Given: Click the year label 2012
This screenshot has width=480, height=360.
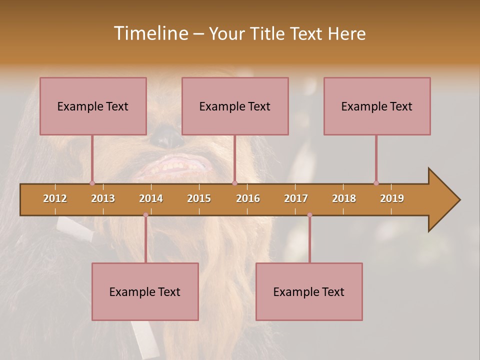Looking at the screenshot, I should [x=55, y=198].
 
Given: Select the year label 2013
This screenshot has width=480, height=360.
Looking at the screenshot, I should [x=103, y=198].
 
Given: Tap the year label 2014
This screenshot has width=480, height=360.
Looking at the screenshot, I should [x=151, y=198].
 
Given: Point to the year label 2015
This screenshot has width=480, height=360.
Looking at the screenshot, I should [x=199, y=198].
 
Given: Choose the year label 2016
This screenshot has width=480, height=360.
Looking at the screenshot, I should [x=248, y=198].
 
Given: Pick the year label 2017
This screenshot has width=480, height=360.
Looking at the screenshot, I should [x=296, y=198].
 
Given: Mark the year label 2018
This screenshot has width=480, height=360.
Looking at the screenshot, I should [x=344, y=198].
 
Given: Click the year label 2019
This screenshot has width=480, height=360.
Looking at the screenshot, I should [x=392, y=198].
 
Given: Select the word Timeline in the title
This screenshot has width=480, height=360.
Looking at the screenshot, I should [x=151, y=33].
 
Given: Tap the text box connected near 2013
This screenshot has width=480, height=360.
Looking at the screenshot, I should [x=93, y=106].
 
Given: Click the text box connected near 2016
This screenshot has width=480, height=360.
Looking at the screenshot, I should [x=235, y=106].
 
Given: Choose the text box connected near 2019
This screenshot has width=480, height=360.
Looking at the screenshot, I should [x=377, y=106].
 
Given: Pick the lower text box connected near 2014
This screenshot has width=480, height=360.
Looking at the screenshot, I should [x=145, y=291].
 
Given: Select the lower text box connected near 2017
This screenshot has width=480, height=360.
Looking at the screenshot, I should [x=309, y=291].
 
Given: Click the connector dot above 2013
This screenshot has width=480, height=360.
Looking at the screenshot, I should [x=92, y=183].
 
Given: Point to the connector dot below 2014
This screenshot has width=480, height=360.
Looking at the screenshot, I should [x=145, y=215].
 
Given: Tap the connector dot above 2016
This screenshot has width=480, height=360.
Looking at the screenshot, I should [x=234, y=183].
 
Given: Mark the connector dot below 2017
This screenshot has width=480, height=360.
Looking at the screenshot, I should [x=309, y=215].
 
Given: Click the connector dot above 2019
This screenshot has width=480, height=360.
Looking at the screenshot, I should [x=376, y=183].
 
